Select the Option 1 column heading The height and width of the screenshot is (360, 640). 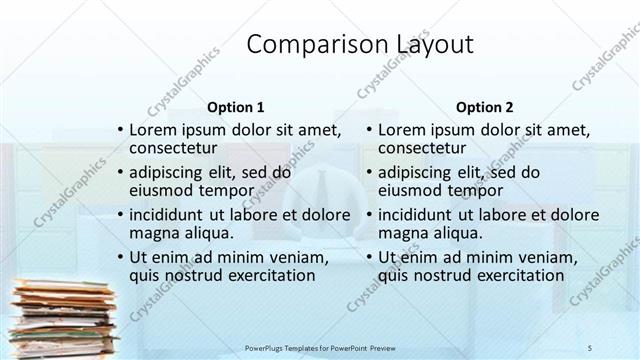[235, 106]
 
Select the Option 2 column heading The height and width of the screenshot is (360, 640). [484, 106]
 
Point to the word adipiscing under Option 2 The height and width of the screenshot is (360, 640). [416, 172]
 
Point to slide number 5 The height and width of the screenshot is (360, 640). [590, 346]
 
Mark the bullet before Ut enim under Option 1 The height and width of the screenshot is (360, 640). [120, 258]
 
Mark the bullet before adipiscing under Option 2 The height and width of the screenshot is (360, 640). [369, 173]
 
